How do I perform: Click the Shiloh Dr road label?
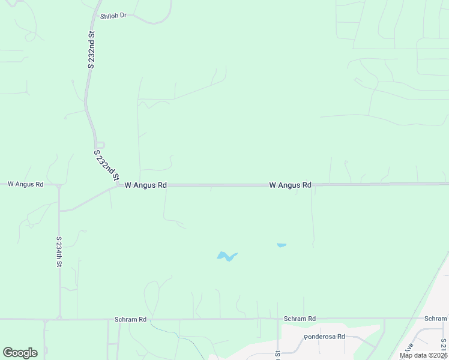pos(113,15)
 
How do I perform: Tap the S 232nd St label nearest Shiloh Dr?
pos(91,50)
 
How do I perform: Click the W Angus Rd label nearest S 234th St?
pos(25,184)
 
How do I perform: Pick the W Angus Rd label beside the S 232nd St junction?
pos(145,185)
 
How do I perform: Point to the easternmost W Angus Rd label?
pos(290,185)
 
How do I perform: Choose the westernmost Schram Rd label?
pos(130,319)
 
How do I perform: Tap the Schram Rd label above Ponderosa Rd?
pos(300,319)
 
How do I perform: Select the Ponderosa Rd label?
pos(325,337)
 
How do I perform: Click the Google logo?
pos(20,353)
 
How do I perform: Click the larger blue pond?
pos(226,257)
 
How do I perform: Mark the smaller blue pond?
pos(281,245)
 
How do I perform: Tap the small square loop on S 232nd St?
pos(100,145)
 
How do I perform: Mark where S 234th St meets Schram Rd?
pos(59,319)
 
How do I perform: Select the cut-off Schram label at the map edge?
pos(435,319)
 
